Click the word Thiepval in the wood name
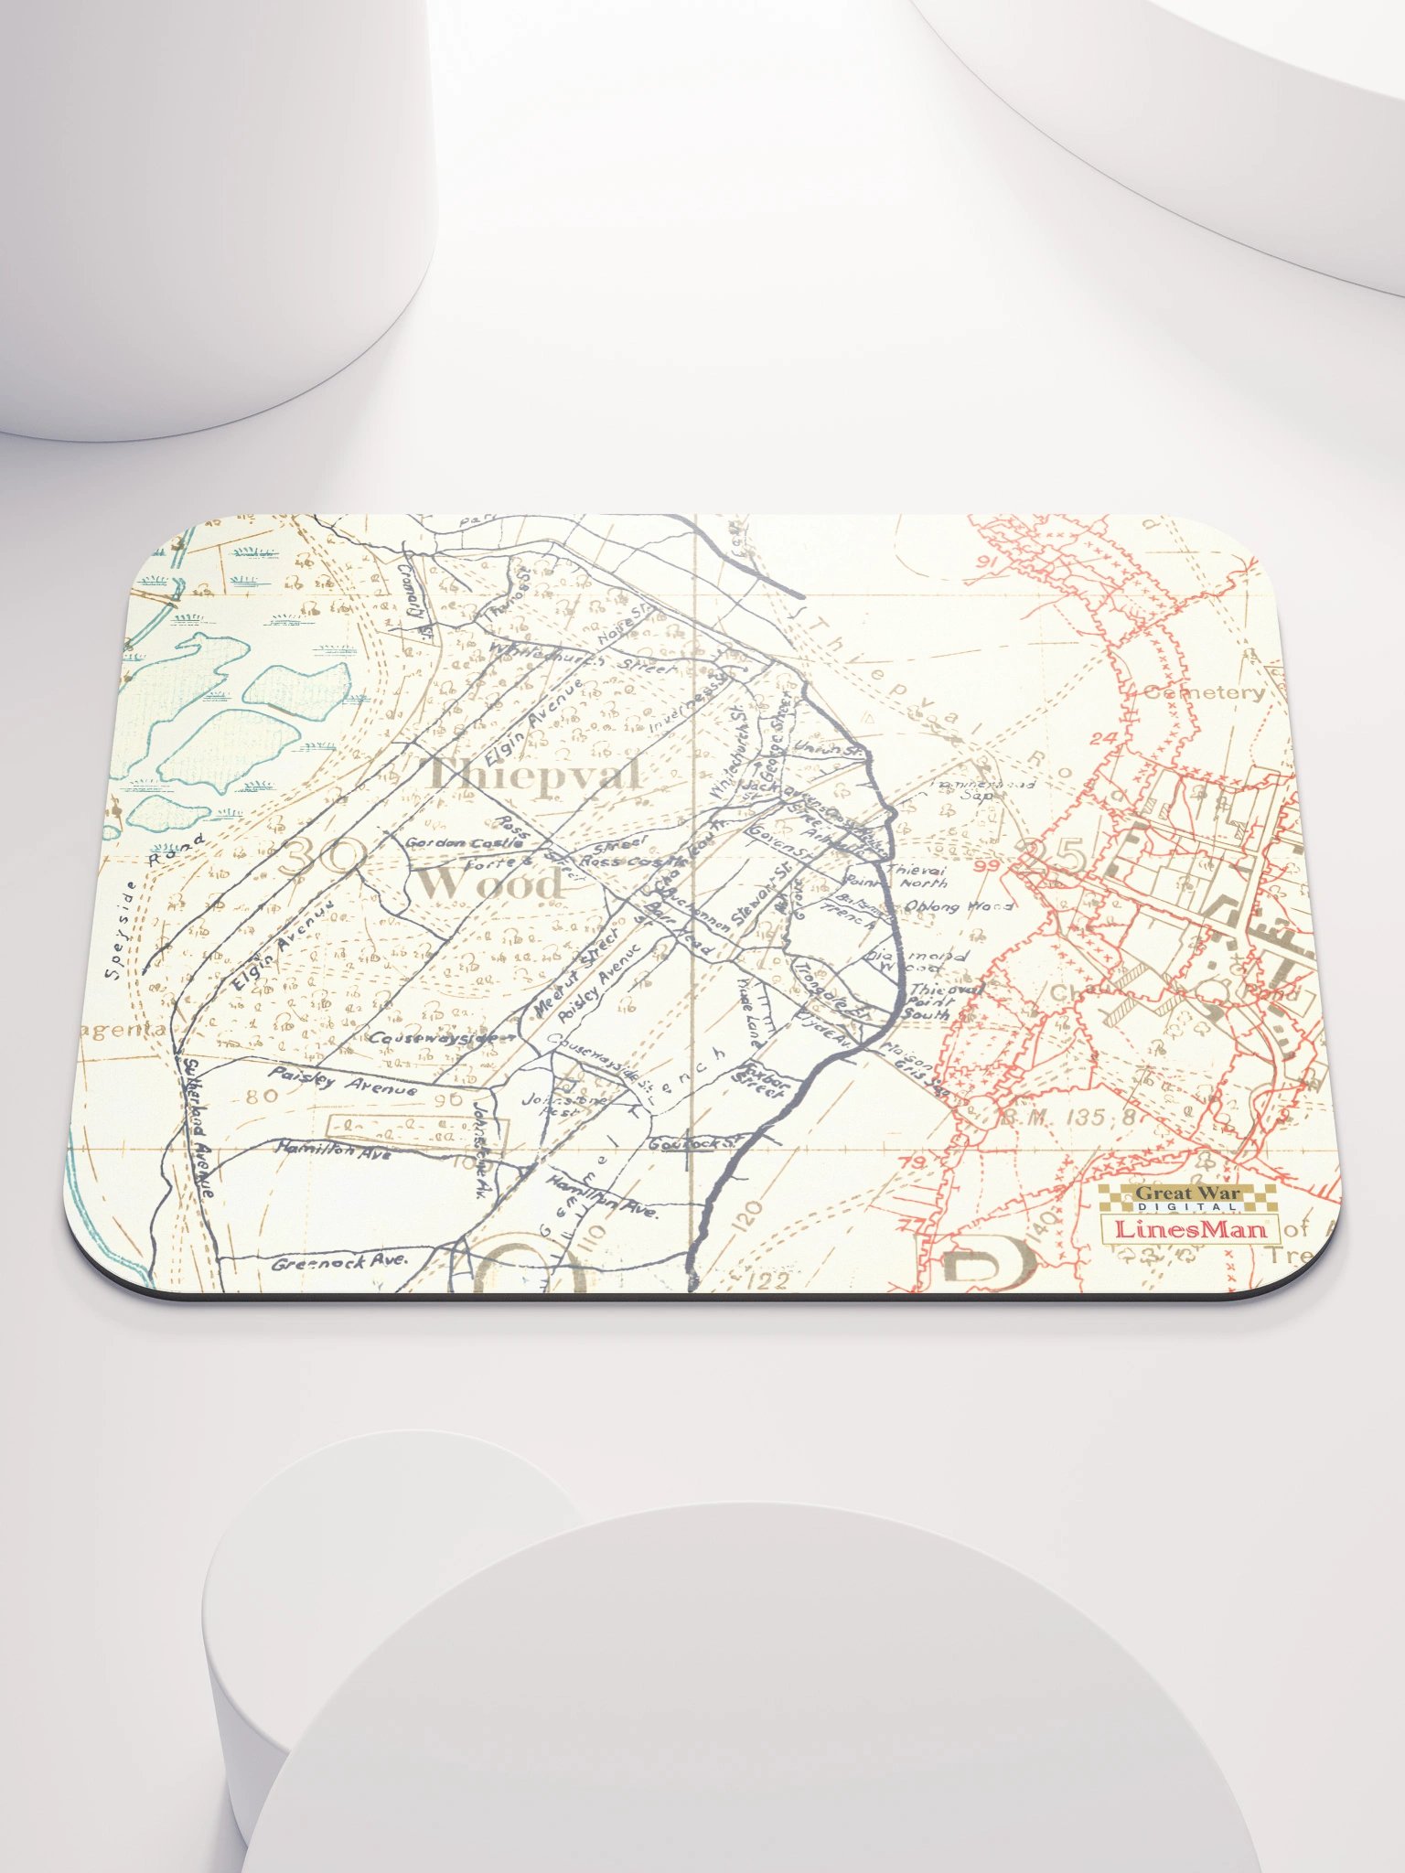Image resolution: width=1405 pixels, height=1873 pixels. pos(534,776)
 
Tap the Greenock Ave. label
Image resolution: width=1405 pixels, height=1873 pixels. pos(340,1262)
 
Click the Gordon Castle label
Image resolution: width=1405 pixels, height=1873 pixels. pos(465,842)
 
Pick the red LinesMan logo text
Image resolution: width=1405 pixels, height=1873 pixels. pos(1191,1228)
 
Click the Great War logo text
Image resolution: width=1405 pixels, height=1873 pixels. pos(1187,1193)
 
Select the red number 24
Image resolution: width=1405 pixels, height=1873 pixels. pos(1103,738)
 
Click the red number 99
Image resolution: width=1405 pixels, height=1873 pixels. pos(987,865)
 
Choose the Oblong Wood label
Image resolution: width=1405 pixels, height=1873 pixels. pos(958,906)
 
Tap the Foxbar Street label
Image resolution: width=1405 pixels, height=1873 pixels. pos(765,1079)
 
